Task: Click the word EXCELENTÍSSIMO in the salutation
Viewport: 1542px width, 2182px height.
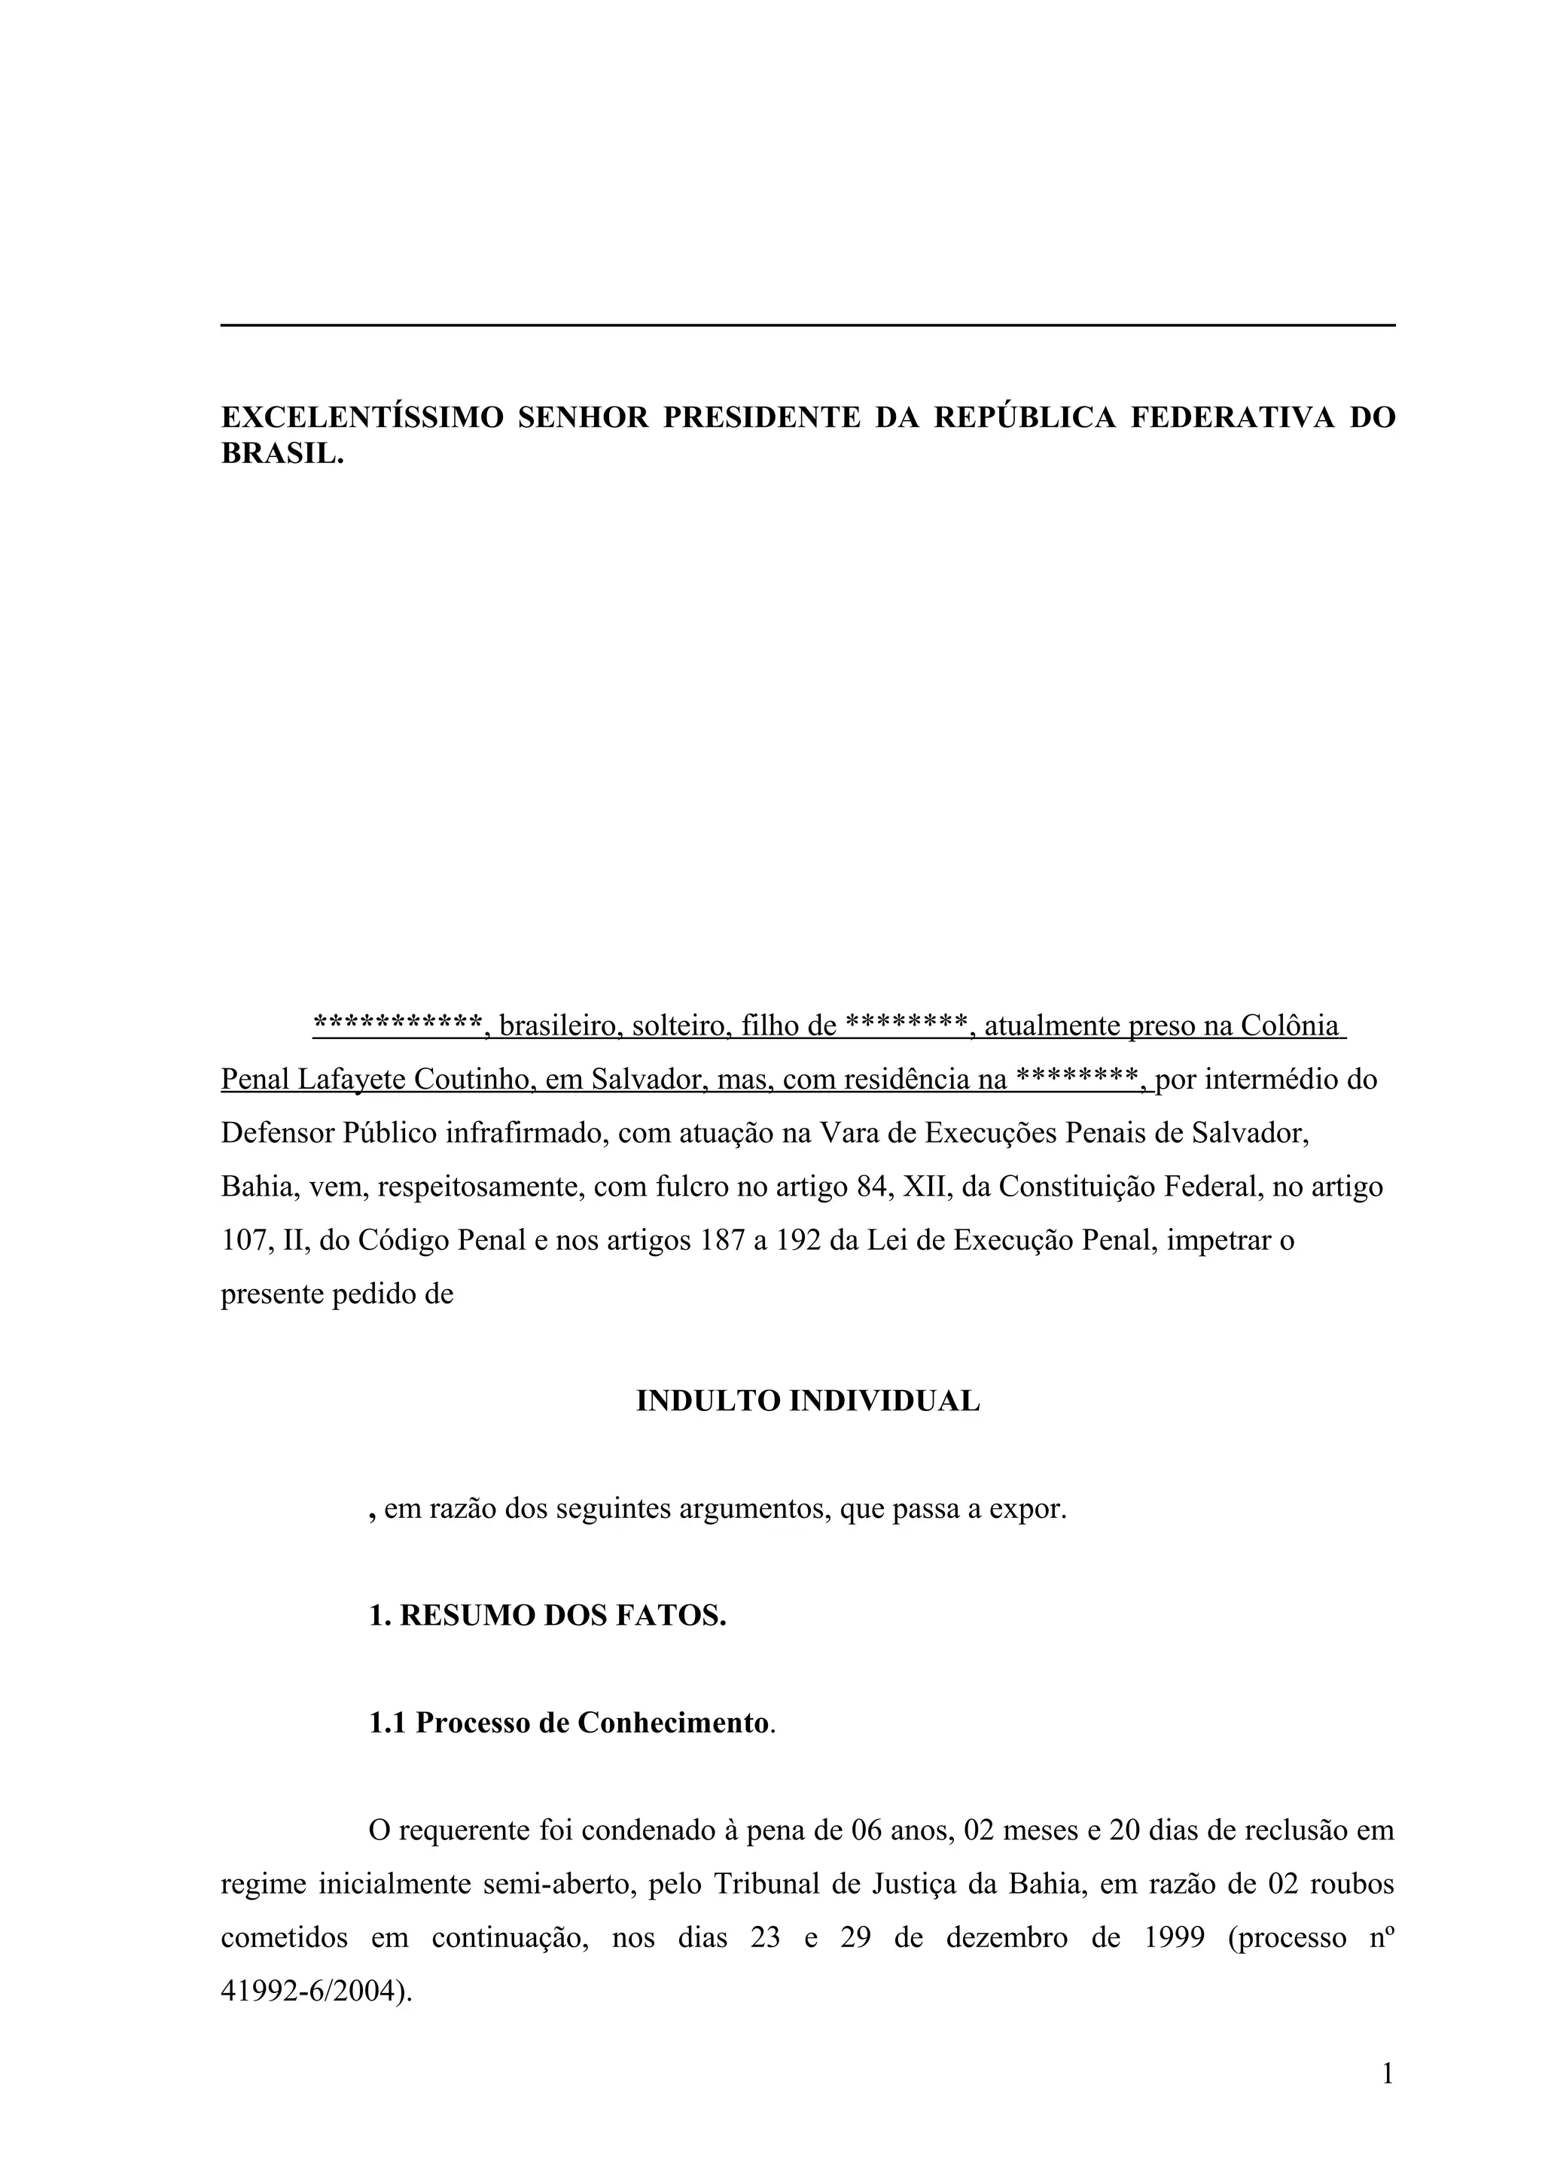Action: (362, 417)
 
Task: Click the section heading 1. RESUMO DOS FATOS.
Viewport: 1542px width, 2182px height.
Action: (547, 1616)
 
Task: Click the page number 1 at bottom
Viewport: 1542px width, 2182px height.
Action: (1387, 2074)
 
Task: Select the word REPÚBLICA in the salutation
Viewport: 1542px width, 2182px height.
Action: (1025, 417)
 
